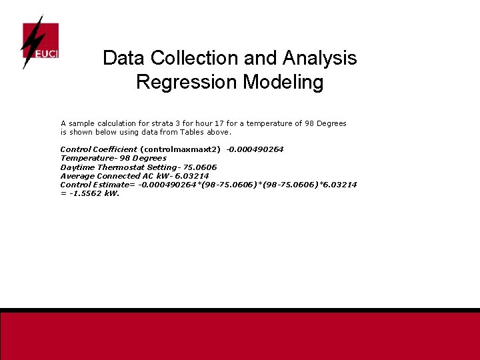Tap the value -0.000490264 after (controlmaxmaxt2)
255,149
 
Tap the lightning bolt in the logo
31,41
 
